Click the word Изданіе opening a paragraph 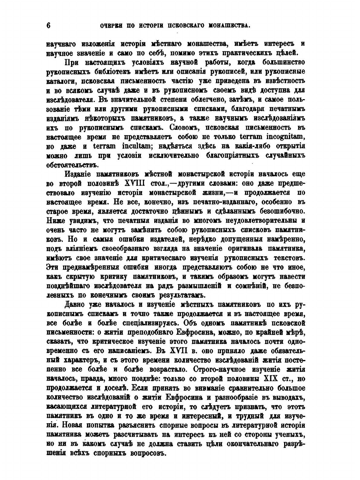coord(77,174)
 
